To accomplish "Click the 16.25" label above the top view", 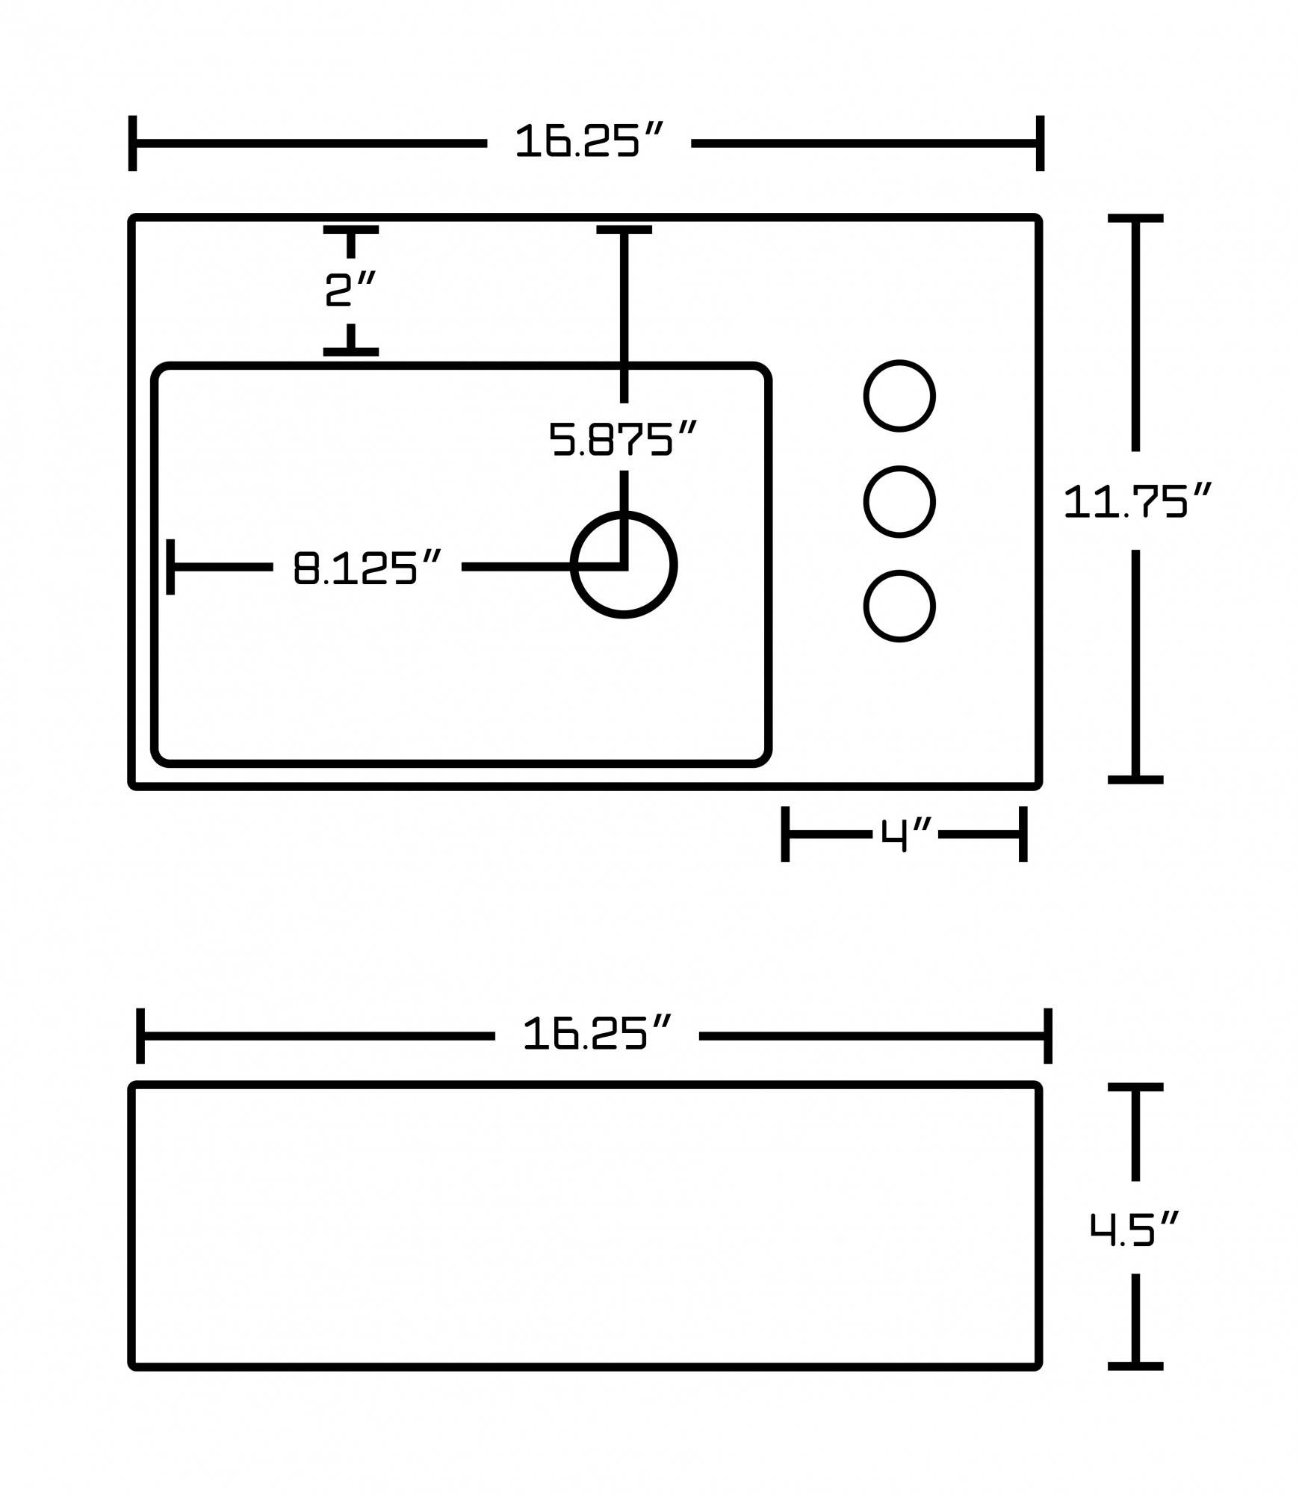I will pyautogui.click(x=589, y=141).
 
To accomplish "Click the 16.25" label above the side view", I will pyautogui.click(x=597, y=1034).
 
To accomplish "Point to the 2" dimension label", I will pyautogui.click(x=350, y=290).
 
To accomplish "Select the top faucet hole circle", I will pyautogui.click(x=899, y=396).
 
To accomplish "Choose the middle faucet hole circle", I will pyautogui.click(x=899, y=502).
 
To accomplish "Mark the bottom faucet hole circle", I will pyautogui.click(x=899, y=607).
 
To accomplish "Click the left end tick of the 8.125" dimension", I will pyautogui.click(x=171, y=567).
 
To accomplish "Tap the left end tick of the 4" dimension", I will pyautogui.click(x=785, y=834).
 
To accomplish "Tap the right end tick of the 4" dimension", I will pyautogui.click(x=1023, y=834).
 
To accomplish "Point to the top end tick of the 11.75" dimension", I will pyautogui.click(x=1135, y=219).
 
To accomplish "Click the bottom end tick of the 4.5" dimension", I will pyautogui.click(x=1135, y=1366).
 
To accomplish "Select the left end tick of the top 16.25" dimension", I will pyautogui.click(x=133, y=143).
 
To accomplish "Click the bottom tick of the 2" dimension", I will pyautogui.click(x=350, y=351).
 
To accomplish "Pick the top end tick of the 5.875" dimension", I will pyautogui.click(x=624, y=230).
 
